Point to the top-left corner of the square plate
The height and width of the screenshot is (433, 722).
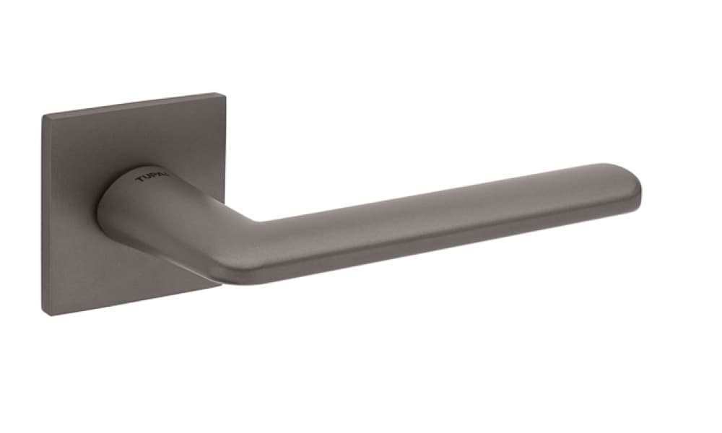tap(43, 115)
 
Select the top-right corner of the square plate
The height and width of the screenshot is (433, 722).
tap(217, 95)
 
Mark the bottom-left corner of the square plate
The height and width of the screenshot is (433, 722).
tap(47, 315)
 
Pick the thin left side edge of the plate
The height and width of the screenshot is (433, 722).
tap(44, 216)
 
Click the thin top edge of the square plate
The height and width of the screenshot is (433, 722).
tap(130, 104)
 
